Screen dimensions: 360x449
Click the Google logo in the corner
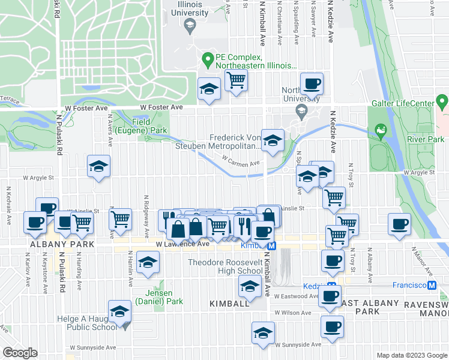click(19, 353)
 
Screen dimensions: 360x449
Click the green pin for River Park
click(379, 130)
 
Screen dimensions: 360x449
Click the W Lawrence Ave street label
click(182, 244)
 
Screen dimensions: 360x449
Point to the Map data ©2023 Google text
click(411, 355)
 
